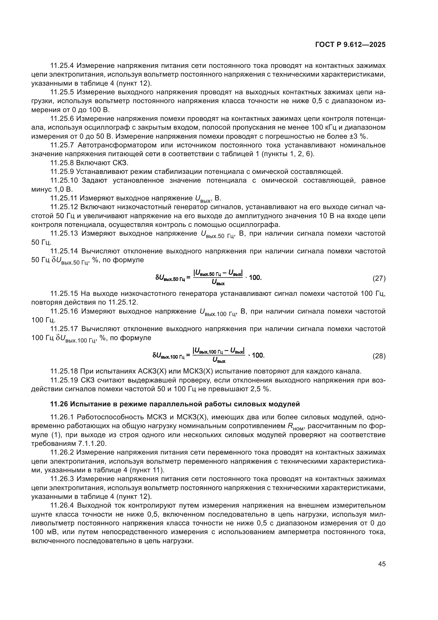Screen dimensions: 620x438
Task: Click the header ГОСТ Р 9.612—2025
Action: click(x=350, y=45)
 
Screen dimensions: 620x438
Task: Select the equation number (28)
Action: click(x=379, y=356)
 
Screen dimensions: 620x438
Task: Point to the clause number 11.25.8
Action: click(x=62, y=163)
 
